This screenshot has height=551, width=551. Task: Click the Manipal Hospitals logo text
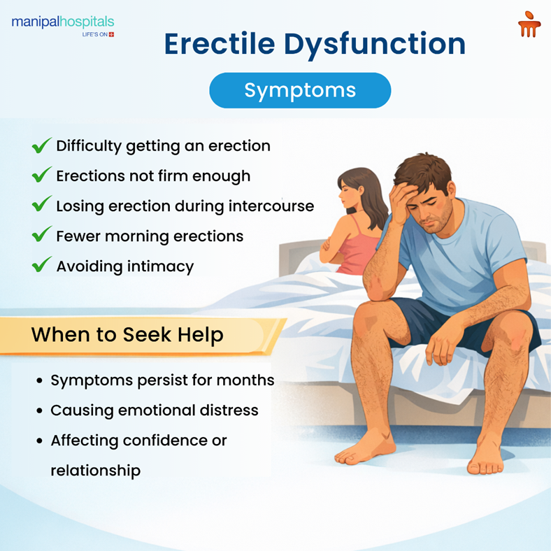(62, 22)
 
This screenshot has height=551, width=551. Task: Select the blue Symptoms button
(300, 90)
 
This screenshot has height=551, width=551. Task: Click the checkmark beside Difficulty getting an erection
(41, 146)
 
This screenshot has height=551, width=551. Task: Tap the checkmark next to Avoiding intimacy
(41, 266)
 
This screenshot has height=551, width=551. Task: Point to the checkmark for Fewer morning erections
(41, 236)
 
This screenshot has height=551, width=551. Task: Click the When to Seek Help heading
(127, 335)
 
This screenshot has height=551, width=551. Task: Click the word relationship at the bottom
(95, 471)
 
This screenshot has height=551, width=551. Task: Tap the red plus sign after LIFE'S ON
(111, 34)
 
